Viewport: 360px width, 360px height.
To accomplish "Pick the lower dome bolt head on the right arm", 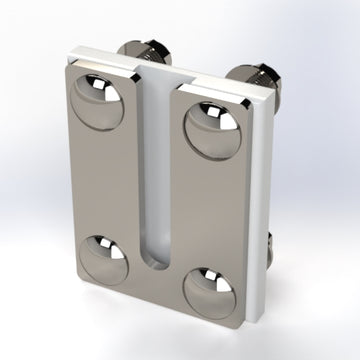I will click(x=209, y=292).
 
